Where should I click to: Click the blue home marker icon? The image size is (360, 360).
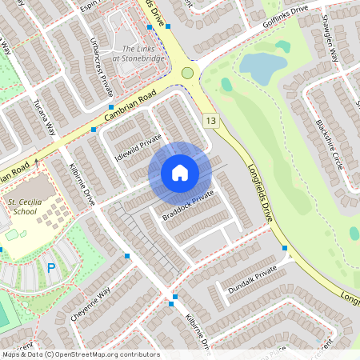179,173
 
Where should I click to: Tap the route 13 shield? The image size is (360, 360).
210,121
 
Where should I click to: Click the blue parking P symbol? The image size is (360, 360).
51,268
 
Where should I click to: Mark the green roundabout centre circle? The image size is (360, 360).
188,73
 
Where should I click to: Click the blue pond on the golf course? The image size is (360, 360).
258,66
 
